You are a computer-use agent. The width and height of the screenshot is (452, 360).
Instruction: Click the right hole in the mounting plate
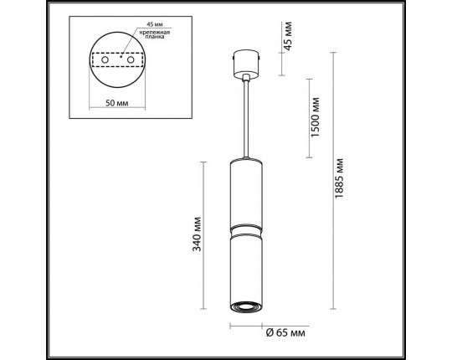pos(131,61)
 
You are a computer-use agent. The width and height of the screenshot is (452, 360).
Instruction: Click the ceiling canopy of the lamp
pos(246,64)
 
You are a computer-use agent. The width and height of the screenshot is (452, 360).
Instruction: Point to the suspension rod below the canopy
pos(246,117)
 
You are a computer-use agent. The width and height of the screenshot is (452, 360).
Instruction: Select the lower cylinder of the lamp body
pos(246,268)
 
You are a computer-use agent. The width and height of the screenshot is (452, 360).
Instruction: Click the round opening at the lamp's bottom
pos(246,305)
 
